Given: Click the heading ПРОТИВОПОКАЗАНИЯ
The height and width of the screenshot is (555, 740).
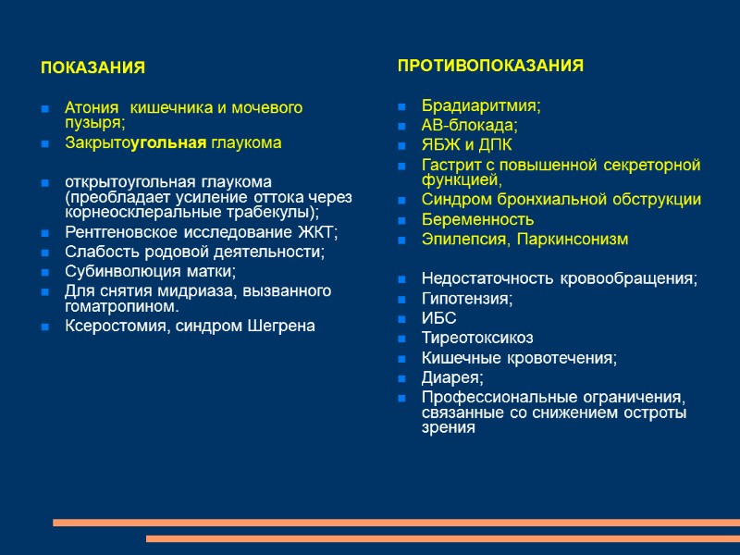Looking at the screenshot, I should point(490,66).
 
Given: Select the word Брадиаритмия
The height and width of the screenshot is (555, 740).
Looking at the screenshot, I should point(479,105).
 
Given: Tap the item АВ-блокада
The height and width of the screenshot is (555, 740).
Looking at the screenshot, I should point(469,126).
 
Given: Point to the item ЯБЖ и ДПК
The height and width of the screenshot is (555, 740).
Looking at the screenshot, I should point(466,145).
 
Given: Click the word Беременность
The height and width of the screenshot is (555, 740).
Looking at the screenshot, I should point(477,219).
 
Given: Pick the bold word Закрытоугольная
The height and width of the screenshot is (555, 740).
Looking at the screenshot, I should point(135,143).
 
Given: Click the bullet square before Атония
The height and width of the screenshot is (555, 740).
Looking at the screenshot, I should point(44,109).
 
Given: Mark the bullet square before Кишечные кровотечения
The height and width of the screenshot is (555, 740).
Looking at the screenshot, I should point(401,358).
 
